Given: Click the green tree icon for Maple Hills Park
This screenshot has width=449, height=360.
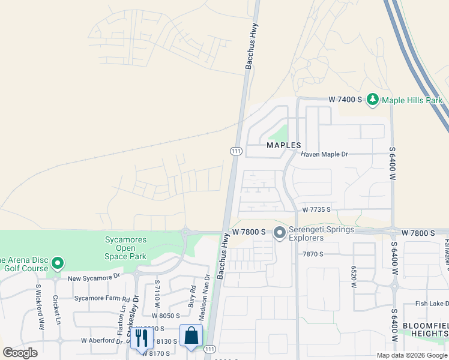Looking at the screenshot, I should pyautogui.click(x=372, y=99).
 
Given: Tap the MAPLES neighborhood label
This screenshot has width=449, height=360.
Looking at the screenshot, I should pyautogui.click(x=283, y=145).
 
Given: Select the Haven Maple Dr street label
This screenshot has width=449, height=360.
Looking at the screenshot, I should pyautogui.click(x=324, y=154).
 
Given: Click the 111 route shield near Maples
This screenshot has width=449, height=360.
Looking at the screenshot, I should pyautogui.click(x=235, y=151).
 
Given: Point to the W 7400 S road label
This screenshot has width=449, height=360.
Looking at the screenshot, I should pyautogui.click(x=346, y=99).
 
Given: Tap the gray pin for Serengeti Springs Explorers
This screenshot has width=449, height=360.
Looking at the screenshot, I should pyautogui.click(x=279, y=233).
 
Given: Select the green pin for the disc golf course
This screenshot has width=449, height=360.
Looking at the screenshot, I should pyautogui.click(x=58, y=263).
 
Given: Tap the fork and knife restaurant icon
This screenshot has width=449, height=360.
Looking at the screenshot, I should pyautogui.click(x=142, y=337).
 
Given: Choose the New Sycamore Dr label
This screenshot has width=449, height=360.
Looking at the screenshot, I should pyautogui.click(x=94, y=278).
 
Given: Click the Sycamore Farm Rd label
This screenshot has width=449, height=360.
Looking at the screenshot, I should pyautogui.click(x=101, y=298).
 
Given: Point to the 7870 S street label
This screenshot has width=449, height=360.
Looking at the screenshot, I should pyautogui.click(x=313, y=254).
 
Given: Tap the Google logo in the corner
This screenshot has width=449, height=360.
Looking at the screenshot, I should pyautogui.click(x=20, y=353).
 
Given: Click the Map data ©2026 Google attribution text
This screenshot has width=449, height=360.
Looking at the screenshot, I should pyautogui.click(x=412, y=355).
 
